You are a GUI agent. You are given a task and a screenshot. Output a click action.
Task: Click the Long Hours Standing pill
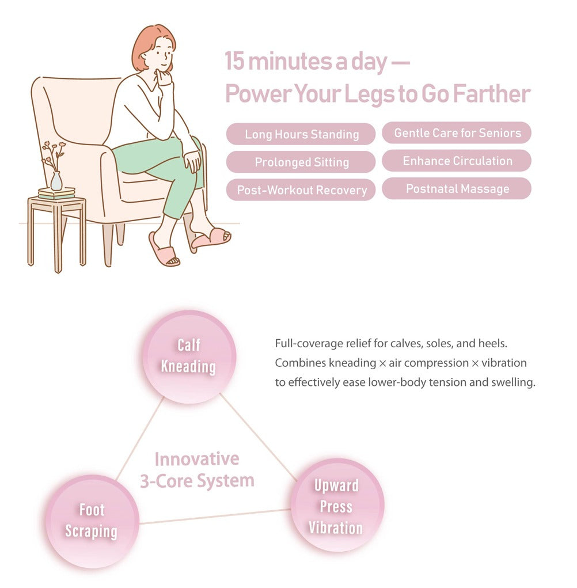301,134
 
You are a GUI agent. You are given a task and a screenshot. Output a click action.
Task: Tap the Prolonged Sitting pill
301,162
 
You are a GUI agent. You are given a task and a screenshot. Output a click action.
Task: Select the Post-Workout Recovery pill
301,190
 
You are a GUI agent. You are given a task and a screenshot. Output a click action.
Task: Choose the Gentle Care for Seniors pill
457,133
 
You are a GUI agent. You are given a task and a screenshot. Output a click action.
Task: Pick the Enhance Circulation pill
457,161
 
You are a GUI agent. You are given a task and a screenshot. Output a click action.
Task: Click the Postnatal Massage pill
457,188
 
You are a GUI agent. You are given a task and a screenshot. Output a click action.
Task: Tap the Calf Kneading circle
189,356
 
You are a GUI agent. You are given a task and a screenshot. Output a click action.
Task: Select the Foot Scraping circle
92,521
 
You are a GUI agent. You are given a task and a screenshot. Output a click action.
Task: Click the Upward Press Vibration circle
336,506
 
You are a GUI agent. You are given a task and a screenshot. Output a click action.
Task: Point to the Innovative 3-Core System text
197,469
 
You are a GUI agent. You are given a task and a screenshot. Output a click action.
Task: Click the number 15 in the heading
235,62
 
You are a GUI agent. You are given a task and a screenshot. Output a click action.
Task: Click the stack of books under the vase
56,194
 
